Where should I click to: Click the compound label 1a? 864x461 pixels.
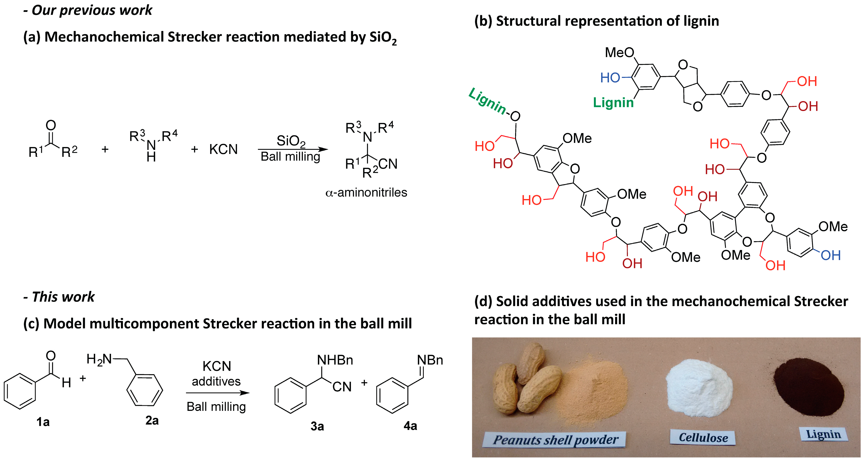coord(43,422)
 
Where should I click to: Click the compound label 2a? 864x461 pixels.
coord(152,420)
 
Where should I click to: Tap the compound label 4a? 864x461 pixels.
coord(410,426)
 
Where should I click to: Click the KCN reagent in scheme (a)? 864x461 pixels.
coord(223,149)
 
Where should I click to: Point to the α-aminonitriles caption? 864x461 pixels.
coord(366,193)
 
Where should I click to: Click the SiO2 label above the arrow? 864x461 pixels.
coord(291,141)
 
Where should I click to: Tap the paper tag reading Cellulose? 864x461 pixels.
coord(703,438)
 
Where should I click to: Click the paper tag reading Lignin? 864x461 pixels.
coord(823,434)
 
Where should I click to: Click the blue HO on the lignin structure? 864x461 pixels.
coord(610,78)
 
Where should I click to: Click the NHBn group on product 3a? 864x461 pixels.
coord(335,360)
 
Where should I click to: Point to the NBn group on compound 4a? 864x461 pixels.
coord(430,360)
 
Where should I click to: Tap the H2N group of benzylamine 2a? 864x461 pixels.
coord(99,359)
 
